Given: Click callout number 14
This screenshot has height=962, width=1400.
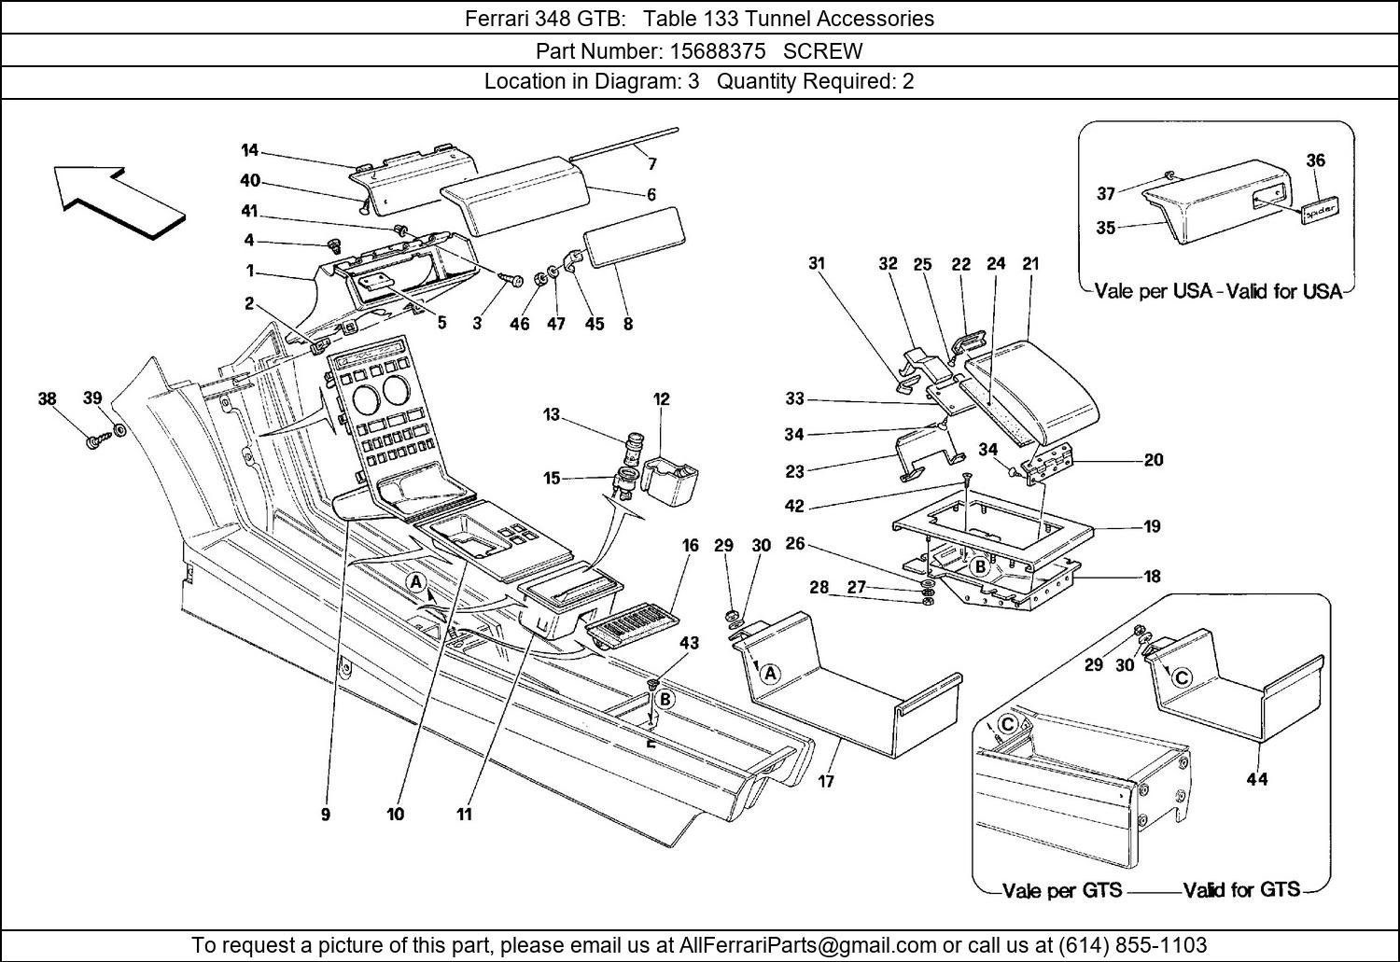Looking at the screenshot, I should (249, 150).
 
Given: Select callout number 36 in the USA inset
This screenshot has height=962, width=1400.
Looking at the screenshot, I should (1315, 160).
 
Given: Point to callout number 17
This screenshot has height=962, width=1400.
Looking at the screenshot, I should (826, 781).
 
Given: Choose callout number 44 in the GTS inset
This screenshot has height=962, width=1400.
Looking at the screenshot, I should (1256, 778).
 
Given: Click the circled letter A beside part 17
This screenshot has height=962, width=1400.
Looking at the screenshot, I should (769, 673).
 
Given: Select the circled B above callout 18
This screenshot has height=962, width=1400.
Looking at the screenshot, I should (979, 566).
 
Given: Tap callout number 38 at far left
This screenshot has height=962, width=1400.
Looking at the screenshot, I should (47, 399).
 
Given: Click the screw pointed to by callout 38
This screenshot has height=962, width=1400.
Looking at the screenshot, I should (94, 441).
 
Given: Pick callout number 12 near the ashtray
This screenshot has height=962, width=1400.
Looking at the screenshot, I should (661, 399).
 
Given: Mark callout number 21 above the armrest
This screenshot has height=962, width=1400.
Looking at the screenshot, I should (1030, 264).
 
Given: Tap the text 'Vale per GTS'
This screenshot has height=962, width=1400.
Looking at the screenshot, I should (1061, 890).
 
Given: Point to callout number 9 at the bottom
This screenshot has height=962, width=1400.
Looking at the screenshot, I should (326, 815).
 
